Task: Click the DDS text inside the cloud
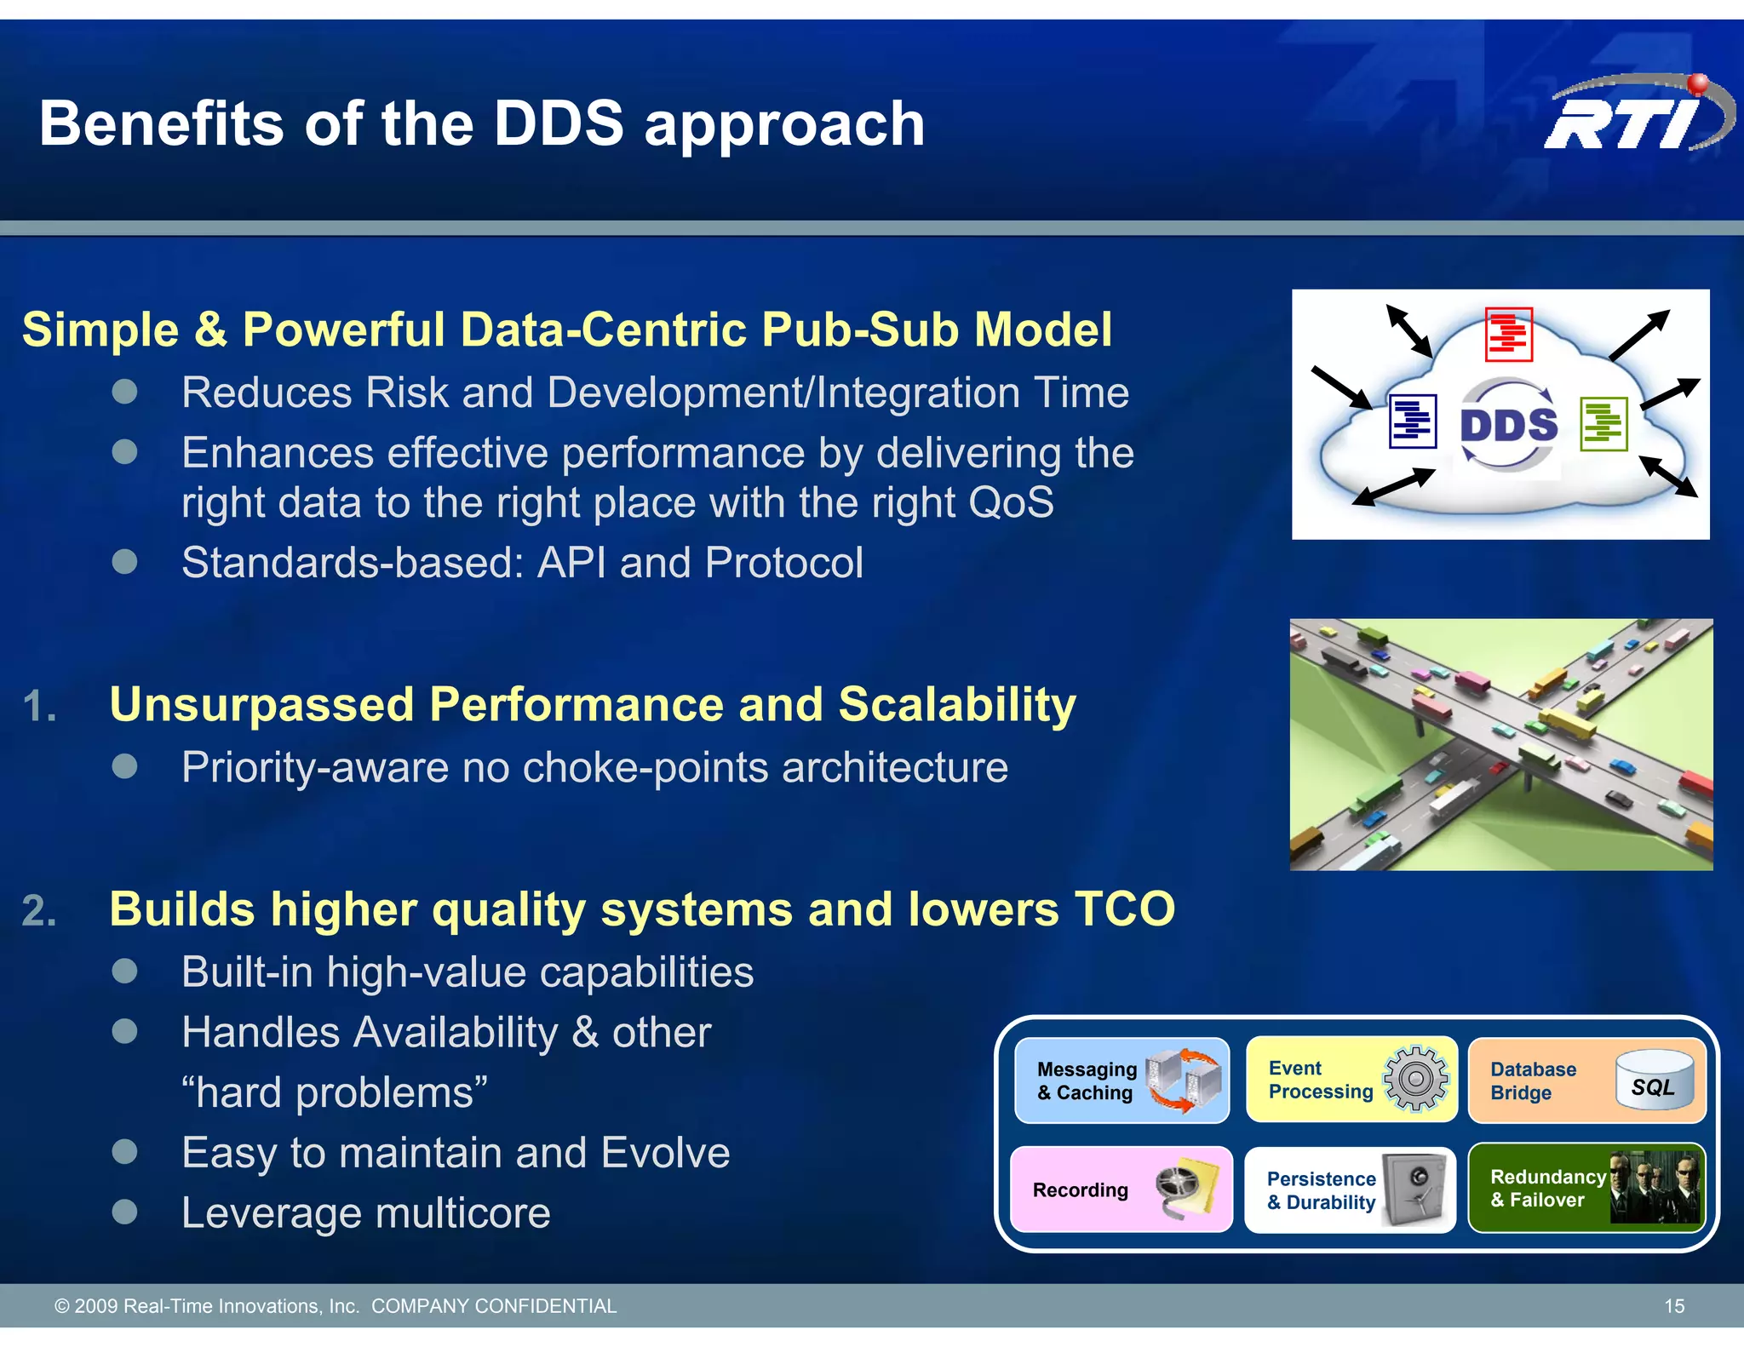pos(1508,425)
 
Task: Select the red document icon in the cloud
pos(1508,334)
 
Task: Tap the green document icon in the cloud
pos(1603,423)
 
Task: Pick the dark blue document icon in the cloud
pos(1413,421)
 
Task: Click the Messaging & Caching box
pos(1121,1080)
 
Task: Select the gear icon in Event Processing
pos(1415,1079)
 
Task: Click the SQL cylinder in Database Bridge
pos(1654,1080)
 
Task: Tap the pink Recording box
pos(1121,1189)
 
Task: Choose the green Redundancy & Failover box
pos(1586,1189)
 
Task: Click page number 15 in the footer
pos(1673,1306)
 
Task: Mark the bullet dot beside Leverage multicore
pos(125,1212)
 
